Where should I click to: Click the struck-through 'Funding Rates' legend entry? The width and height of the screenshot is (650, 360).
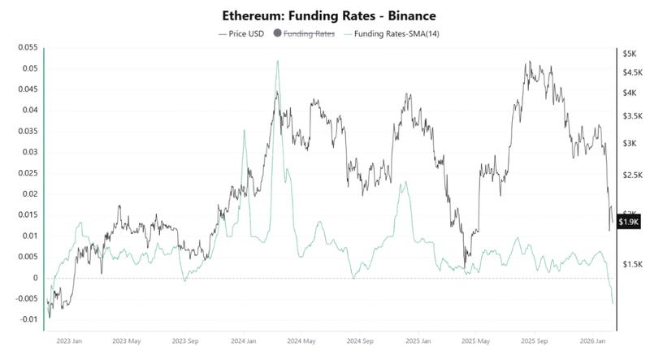310,33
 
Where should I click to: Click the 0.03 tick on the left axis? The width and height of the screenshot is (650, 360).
29,152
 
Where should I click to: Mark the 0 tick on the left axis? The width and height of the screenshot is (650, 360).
36,278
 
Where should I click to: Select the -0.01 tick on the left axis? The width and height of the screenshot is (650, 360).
28,319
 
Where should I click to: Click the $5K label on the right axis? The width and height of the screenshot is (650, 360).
630,54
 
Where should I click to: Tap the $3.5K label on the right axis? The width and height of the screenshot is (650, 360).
631,116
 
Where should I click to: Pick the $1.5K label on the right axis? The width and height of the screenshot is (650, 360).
631,264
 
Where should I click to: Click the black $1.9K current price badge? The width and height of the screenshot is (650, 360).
629,222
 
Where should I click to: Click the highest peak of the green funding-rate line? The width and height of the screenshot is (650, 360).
278,61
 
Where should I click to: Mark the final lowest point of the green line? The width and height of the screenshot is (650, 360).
612,304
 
